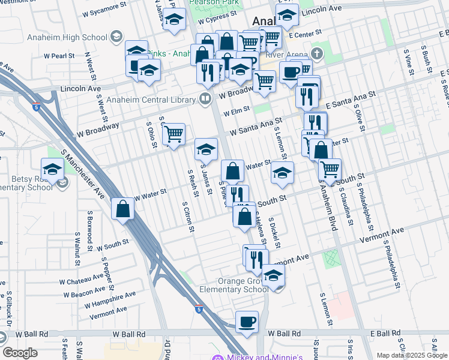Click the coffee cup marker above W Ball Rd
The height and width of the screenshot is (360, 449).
246,322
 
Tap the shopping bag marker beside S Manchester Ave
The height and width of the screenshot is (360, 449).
122,209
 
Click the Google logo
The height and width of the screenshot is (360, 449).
20,353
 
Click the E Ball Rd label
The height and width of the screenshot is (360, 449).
385,333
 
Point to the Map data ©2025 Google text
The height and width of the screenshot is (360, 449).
411,355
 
